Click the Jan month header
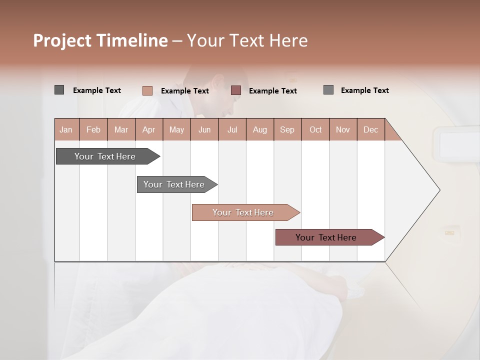(66, 130)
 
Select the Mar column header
(121, 130)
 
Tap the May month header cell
(176, 130)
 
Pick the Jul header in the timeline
(232, 130)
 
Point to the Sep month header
(287, 130)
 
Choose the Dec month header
(370, 130)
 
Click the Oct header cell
(315, 130)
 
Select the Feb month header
(93, 130)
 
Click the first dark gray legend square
(59, 90)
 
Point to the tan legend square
(147, 90)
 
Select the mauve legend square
(236, 90)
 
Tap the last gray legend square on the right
(328, 90)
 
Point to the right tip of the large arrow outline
(439, 190)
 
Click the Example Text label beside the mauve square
(272, 91)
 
